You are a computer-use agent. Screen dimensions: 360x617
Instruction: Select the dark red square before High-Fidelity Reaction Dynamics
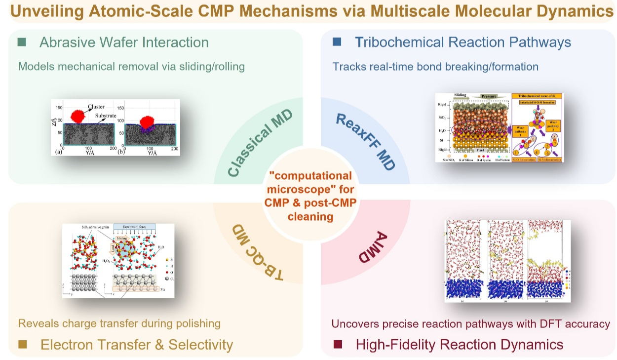click(x=338, y=344)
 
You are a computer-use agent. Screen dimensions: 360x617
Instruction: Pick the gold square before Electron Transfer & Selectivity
click(x=22, y=344)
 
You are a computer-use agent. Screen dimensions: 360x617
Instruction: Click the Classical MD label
click(x=261, y=143)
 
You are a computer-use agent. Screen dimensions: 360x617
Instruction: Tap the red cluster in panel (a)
click(x=78, y=116)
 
